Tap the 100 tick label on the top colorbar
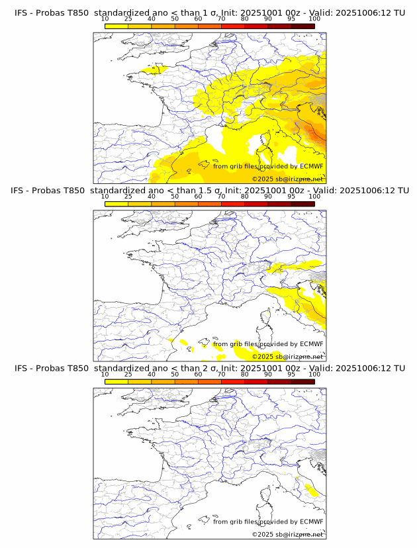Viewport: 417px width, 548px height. point(314,19)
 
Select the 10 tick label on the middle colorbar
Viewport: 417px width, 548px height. point(105,197)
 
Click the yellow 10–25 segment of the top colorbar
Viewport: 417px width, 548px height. point(116,26)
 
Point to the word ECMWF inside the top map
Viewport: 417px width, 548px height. point(312,166)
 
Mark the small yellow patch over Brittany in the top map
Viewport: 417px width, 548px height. point(156,68)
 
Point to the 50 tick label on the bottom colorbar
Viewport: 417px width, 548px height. point(175,374)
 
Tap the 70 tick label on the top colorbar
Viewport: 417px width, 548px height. point(221,19)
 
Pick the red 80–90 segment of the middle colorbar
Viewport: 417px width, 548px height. point(255,203)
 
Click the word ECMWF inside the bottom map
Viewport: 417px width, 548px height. point(312,522)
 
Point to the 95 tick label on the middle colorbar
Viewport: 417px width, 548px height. point(291,197)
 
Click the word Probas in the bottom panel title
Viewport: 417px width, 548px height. point(52,368)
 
